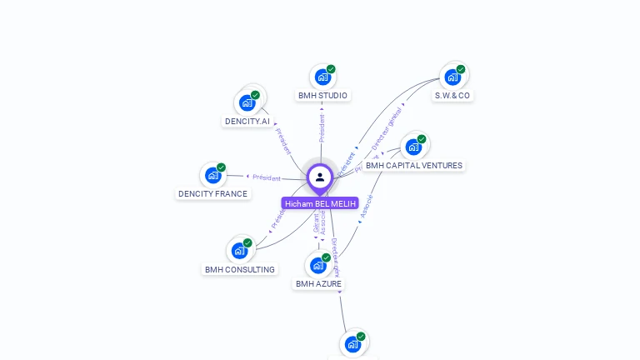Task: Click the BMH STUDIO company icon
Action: (x=322, y=77)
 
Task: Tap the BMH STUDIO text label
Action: (x=322, y=96)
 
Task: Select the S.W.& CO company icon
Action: (x=452, y=77)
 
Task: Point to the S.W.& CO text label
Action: (x=452, y=96)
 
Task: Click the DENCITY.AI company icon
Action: (x=247, y=102)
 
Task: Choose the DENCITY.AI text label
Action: (x=247, y=122)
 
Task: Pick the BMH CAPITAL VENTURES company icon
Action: (x=413, y=147)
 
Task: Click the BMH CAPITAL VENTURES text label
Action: (x=414, y=166)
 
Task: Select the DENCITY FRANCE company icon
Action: (x=212, y=175)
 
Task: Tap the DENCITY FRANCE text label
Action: (x=212, y=194)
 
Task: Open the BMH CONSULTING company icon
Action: (x=239, y=250)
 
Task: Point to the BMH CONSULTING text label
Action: (x=240, y=270)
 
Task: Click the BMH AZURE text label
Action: (x=318, y=284)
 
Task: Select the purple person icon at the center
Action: (x=320, y=177)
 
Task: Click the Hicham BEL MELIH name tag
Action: (x=320, y=203)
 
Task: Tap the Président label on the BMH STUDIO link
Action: (x=322, y=124)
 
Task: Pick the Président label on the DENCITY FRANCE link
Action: (x=267, y=177)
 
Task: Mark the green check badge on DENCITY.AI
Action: (x=255, y=95)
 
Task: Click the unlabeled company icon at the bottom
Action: (x=352, y=343)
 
